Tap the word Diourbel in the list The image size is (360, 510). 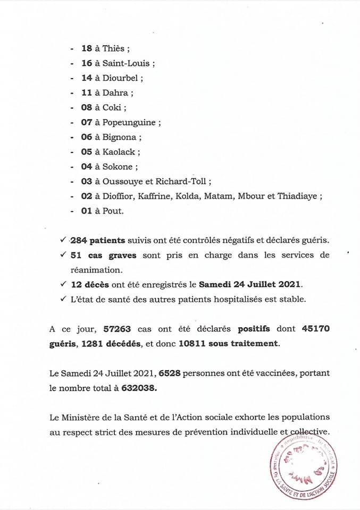coord(120,78)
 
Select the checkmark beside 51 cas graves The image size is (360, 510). coord(63,255)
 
